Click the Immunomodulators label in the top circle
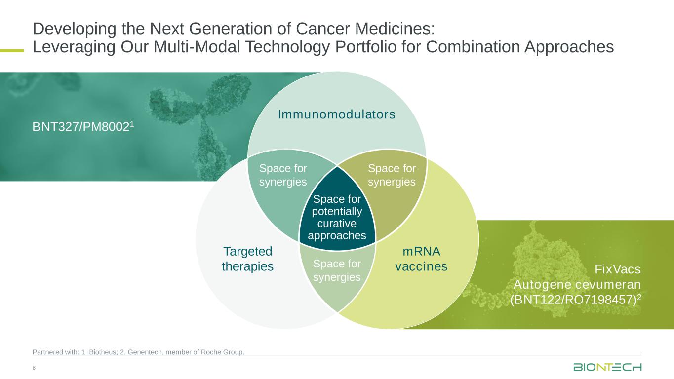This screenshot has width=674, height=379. [x=337, y=114]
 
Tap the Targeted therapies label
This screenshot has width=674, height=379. [x=247, y=259]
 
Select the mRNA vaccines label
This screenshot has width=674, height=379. [x=421, y=259]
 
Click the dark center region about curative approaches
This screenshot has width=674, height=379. [x=337, y=217]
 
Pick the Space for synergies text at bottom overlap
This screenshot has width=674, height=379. [x=337, y=270]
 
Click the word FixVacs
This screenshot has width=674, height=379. [x=617, y=269]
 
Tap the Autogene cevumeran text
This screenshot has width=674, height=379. [x=577, y=285]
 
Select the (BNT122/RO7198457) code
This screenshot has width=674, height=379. [x=575, y=300]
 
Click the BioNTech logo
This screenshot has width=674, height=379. [x=607, y=367]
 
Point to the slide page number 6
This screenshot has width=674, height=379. [x=34, y=368]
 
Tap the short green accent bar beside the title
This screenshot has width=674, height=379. [x=12, y=49]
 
